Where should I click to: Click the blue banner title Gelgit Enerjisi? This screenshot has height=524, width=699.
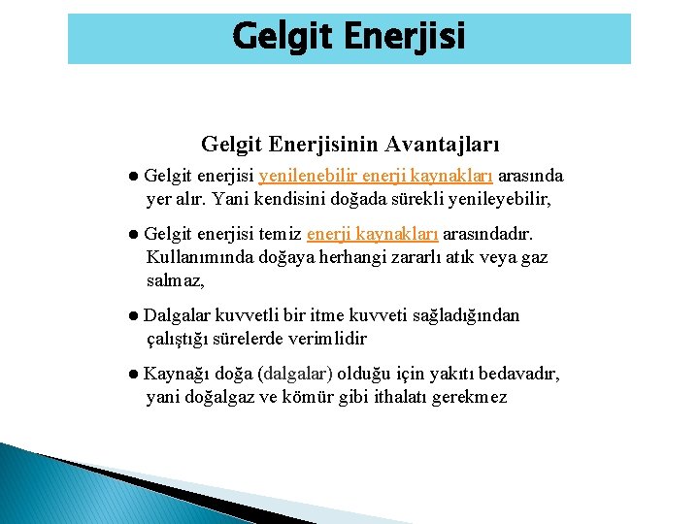coord(349,38)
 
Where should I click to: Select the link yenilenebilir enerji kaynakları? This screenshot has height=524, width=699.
coord(375,177)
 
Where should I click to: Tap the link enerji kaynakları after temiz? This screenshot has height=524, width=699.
coord(372,234)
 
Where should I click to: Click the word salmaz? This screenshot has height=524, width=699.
coord(176,280)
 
